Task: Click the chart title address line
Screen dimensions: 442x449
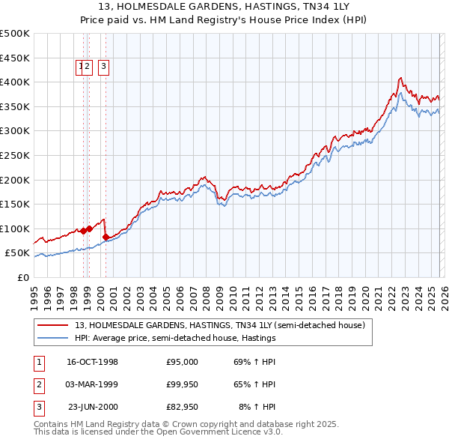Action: (x=224, y=6)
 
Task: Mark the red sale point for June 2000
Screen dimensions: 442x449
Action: (x=106, y=237)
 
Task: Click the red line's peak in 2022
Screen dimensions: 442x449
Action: (x=401, y=78)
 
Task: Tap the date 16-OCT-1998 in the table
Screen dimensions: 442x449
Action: (x=92, y=362)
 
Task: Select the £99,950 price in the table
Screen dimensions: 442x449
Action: (x=182, y=384)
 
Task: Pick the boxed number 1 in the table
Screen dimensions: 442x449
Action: (x=37, y=362)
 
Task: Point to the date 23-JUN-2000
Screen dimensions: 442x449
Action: (x=93, y=407)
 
